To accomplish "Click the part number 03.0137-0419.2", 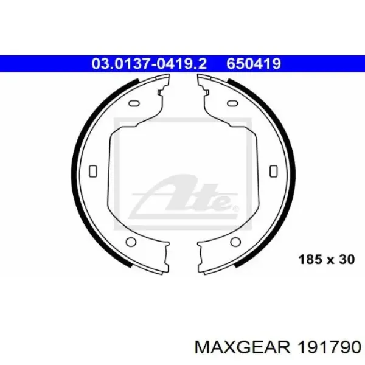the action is [149, 63].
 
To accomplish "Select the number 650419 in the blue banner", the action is [254, 63].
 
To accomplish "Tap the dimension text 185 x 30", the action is [326, 259].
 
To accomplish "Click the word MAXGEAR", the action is [242, 349].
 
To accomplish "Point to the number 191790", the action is [329, 349].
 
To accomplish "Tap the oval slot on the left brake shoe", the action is [134, 103].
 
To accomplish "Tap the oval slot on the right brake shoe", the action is [232, 103].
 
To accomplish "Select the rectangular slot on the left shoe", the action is [93, 171].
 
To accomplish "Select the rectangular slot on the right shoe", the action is [274, 171].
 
